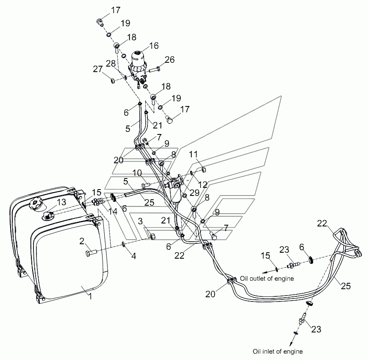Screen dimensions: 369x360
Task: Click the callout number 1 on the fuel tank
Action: point(90,296)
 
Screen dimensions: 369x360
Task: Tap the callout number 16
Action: point(154,45)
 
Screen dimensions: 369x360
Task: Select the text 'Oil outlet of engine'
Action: point(267,279)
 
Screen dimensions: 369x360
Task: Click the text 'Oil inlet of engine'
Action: point(277,352)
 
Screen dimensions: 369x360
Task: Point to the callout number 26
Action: point(169,60)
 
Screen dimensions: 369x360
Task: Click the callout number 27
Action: point(98,69)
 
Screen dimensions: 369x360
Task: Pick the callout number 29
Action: point(194,193)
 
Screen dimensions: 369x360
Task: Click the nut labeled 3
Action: point(153,236)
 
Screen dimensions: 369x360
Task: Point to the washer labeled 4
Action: point(124,244)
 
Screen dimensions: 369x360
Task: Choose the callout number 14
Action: point(113,211)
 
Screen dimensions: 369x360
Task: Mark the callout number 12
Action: point(203,184)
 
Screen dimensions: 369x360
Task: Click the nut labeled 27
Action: point(113,81)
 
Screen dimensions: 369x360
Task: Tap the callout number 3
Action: point(140,221)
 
